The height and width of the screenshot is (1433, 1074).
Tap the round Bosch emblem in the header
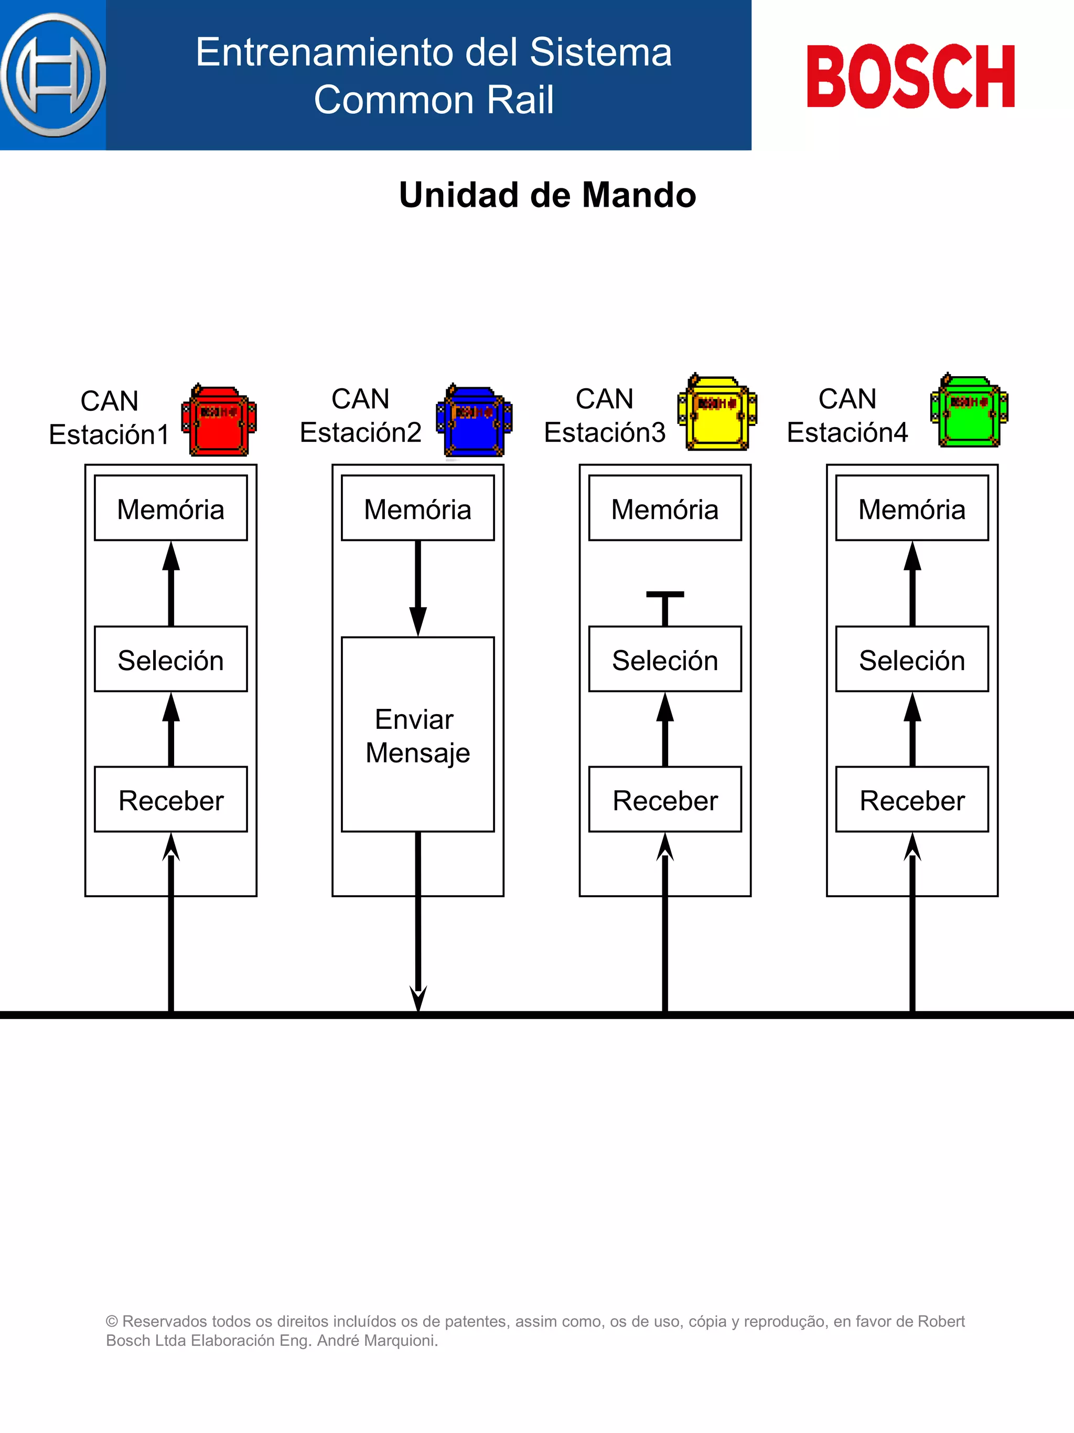coord(53,75)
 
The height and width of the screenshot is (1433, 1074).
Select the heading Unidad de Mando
coord(547,195)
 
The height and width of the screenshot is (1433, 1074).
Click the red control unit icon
coord(219,420)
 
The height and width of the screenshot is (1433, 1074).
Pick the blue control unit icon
coord(475,420)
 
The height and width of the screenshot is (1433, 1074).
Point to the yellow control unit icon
coord(717,412)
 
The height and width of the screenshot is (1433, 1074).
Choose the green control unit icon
coord(969,411)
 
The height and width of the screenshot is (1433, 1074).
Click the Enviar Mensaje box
coord(417,735)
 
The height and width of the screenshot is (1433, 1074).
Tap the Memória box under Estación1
coord(171,508)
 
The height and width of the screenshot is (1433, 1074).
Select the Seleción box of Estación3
coord(665,660)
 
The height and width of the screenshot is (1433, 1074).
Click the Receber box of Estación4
coord(912,800)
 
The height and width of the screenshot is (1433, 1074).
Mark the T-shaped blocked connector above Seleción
coord(665,608)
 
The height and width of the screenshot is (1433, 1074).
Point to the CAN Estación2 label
coord(361,415)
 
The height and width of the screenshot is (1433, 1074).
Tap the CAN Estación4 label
coord(847,415)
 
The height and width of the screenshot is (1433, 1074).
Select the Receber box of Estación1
coord(171,800)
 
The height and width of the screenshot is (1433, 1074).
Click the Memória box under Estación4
coord(912,508)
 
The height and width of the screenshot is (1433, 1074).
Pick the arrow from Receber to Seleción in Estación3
coord(665,729)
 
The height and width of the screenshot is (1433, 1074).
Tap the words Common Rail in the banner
coord(434,100)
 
